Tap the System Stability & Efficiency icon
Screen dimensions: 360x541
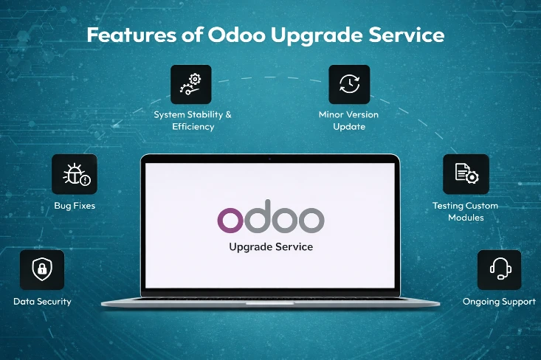[191, 84]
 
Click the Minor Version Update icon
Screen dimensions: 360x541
[349, 84]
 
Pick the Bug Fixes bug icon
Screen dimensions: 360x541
[75, 174]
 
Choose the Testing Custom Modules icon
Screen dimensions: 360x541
[466, 174]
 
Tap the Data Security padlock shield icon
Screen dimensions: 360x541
[42, 270]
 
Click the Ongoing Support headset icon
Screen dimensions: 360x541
[499, 270]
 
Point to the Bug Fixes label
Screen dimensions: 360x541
[75, 206]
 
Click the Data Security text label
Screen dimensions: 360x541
[42, 302]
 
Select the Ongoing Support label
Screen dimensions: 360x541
[499, 302]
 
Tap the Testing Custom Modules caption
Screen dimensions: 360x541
[465, 212]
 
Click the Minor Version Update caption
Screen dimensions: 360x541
[348, 121]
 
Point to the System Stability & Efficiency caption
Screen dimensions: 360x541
[193, 121]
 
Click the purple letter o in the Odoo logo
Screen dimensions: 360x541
[230, 219]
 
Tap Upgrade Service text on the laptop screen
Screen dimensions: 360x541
[270, 246]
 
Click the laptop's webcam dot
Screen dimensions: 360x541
[270, 159]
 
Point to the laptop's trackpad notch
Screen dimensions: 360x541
[270, 303]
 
